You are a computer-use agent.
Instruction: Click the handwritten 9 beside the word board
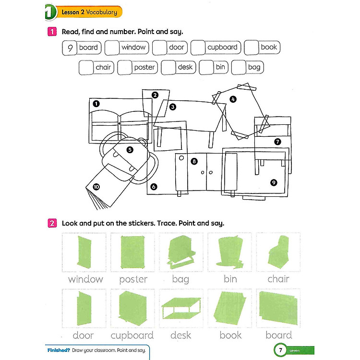coord(70,48)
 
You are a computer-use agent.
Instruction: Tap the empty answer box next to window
coord(112,48)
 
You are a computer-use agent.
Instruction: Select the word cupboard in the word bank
coord(222,48)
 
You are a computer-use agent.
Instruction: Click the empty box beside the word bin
coord(206,68)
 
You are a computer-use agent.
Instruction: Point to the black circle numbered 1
coord(96,103)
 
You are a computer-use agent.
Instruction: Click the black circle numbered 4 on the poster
coord(233,100)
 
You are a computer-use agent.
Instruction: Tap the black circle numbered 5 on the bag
coord(130,150)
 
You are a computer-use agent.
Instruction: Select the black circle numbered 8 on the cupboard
coord(194,161)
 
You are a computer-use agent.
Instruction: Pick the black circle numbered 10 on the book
coord(96,187)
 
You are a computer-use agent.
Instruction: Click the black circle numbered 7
coord(277,141)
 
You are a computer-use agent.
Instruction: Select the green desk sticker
coord(180,308)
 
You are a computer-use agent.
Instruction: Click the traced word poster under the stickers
coord(133,279)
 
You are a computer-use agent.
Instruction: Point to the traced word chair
coord(278,279)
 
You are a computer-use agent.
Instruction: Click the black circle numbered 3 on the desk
coord(172,107)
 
